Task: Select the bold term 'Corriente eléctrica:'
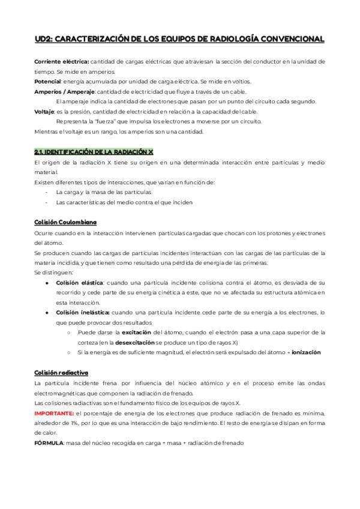[62, 61]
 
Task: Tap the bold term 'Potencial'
[47, 81]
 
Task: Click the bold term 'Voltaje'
[44, 111]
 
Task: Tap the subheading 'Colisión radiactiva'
[62, 373]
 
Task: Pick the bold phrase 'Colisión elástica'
[80, 282]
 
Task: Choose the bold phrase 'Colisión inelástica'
[83, 313]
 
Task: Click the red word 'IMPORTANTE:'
[55, 414]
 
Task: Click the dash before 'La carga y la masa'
[46, 192]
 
